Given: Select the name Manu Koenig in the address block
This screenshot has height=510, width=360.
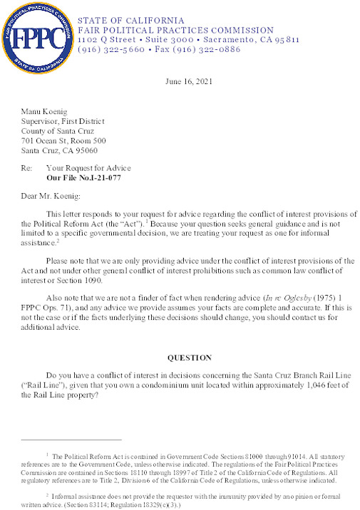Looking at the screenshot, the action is [x=43, y=113].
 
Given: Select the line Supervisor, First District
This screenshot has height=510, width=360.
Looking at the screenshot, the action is [x=63, y=122].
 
